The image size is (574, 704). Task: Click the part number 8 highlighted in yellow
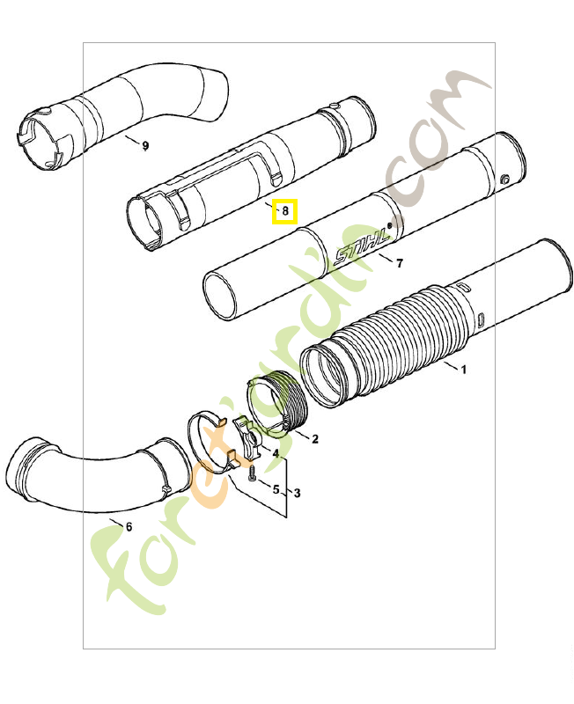tap(285, 211)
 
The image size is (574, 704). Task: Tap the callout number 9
tap(145, 146)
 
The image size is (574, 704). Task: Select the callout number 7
tap(400, 263)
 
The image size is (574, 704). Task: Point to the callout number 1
tap(463, 370)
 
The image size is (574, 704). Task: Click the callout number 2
tap(315, 438)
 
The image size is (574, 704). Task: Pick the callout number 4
tap(276, 454)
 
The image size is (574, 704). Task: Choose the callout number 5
tap(276, 489)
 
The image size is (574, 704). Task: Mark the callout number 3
tap(297, 494)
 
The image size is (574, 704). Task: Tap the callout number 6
tap(129, 527)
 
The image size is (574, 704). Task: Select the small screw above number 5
tap(251, 474)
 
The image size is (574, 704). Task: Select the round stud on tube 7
tap(504, 180)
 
